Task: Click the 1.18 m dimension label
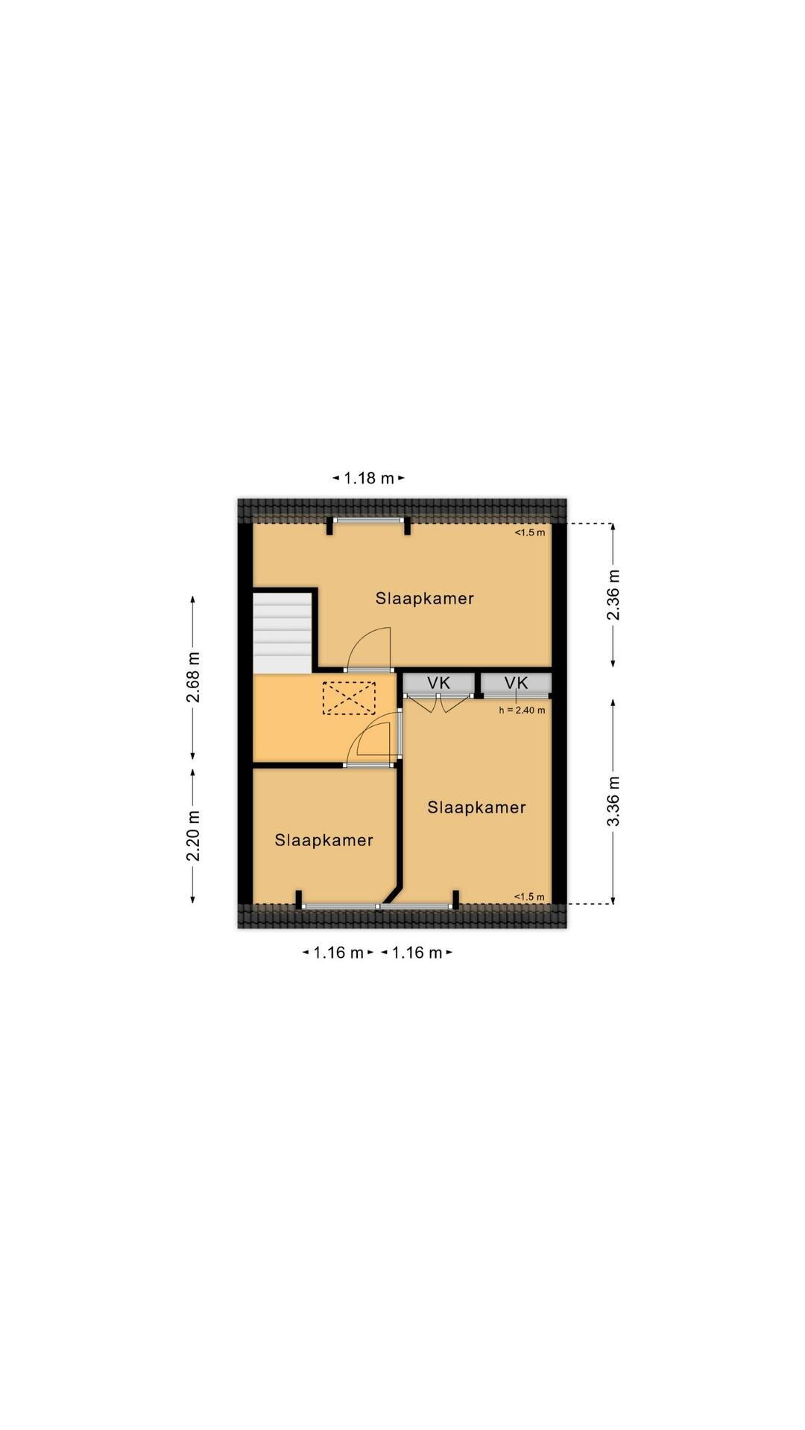[x=368, y=478]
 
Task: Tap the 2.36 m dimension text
[x=613, y=594]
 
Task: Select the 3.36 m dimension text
[x=613, y=801]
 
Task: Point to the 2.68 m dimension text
[x=193, y=678]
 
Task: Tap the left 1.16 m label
[x=338, y=953]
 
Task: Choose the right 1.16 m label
[x=417, y=953]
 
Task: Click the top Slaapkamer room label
[x=425, y=599]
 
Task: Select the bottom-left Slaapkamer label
[x=323, y=840]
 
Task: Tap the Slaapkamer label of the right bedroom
[x=476, y=807]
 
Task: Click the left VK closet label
[x=439, y=683]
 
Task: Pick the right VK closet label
[x=516, y=683]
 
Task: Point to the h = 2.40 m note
[x=522, y=711]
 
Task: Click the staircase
[x=282, y=632]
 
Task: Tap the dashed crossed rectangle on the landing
[x=349, y=697]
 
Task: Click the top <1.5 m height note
[x=530, y=533]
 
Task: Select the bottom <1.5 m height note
[x=530, y=897]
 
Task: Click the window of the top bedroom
[x=368, y=521]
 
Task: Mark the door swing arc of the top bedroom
[x=372, y=641]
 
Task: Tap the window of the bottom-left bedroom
[x=339, y=906]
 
